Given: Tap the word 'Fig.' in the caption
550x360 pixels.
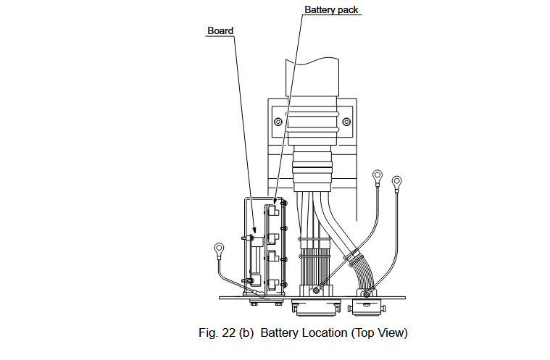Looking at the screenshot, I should [208, 333].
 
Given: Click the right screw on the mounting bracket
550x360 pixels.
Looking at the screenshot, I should [346, 121].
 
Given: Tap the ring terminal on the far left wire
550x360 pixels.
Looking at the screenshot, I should [217, 251].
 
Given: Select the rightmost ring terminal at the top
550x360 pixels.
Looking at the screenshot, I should [396, 180].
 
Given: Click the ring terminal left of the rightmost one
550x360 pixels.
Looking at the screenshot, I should [378, 175].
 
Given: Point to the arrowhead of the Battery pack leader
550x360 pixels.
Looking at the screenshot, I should [275, 204].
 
